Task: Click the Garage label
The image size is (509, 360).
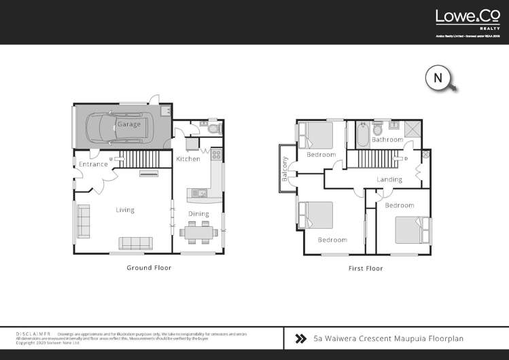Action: tap(129, 125)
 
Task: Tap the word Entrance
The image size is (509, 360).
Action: tap(93, 164)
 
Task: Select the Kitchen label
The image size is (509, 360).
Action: tap(188, 159)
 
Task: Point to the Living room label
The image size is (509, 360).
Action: tap(124, 210)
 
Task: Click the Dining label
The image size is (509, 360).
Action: tap(199, 214)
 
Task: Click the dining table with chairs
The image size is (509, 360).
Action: tap(200, 232)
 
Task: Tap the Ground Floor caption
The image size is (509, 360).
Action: tap(149, 268)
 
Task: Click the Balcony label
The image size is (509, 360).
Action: tap(285, 168)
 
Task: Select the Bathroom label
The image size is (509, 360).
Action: tap(387, 139)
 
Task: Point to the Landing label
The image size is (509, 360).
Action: tap(389, 179)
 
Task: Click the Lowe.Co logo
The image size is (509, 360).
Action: tap(465, 18)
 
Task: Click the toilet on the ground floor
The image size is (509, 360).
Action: tap(213, 128)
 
